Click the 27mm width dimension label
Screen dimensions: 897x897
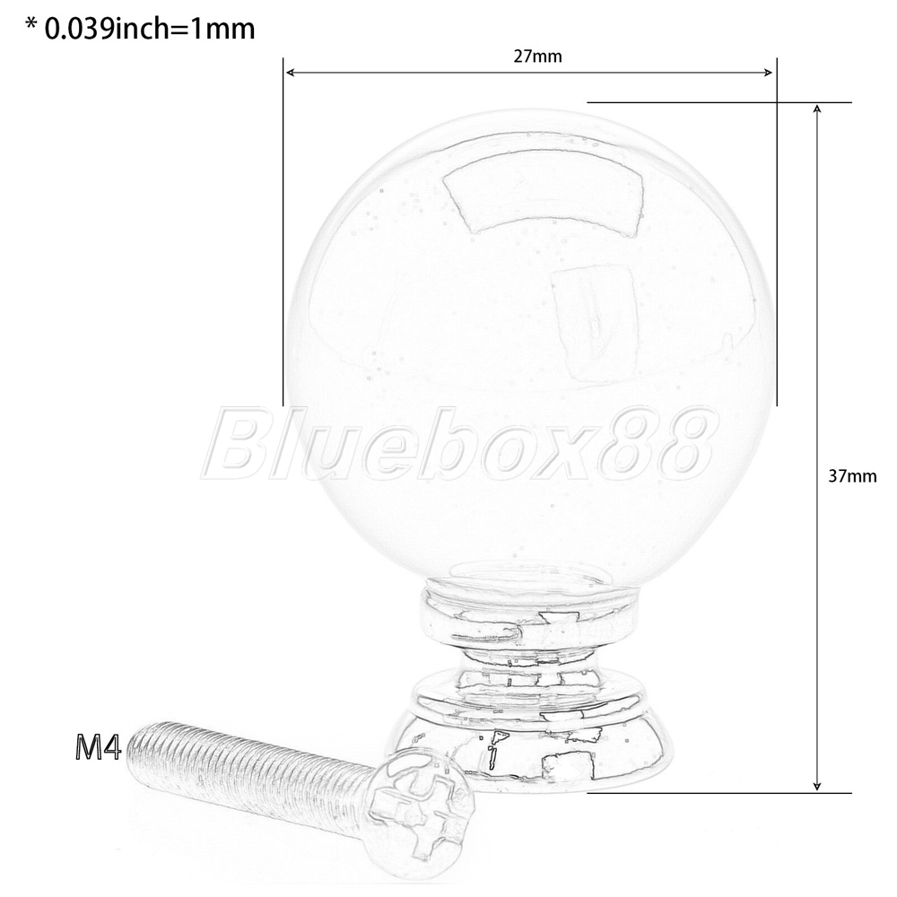point(537,57)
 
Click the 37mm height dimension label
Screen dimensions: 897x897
point(852,476)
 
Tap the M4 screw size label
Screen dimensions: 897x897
point(98,747)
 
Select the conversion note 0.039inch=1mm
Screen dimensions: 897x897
point(150,29)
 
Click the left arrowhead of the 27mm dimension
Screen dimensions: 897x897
point(290,72)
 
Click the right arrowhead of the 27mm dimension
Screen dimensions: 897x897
point(768,72)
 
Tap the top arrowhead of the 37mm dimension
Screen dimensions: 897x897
point(817,109)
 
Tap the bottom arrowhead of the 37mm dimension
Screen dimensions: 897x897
point(817,787)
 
